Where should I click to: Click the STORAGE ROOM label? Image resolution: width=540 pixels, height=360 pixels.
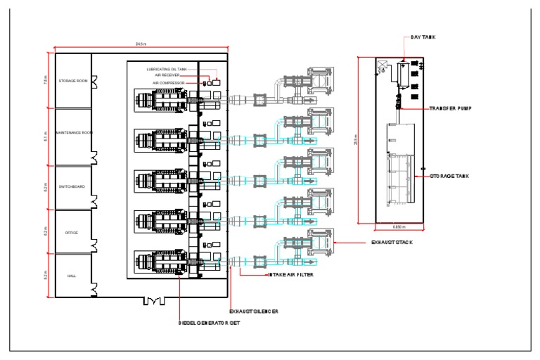(73, 81)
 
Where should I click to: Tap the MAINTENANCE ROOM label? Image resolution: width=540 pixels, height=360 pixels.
(73, 132)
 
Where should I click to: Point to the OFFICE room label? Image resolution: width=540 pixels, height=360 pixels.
(72, 232)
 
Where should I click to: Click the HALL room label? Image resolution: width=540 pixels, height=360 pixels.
(72, 276)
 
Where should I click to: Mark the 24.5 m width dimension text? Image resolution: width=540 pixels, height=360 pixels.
(141, 44)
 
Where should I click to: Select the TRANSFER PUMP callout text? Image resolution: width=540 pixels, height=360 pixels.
(451, 109)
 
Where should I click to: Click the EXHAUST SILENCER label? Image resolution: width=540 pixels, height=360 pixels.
(255, 310)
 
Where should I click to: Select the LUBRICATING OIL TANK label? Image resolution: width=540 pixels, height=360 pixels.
(167, 69)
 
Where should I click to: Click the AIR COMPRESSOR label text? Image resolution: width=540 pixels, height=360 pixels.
(169, 82)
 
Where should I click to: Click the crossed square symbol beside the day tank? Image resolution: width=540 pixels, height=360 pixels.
(384, 67)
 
